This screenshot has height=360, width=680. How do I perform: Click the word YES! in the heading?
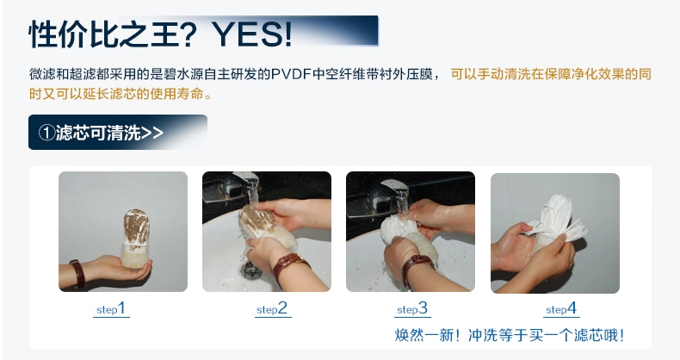(253, 34)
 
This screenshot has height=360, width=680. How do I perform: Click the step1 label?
(111, 309)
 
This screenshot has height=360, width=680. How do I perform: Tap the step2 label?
(272, 309)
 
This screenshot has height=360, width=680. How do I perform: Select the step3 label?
(412, 309)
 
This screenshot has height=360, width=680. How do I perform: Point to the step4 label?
(561, 309)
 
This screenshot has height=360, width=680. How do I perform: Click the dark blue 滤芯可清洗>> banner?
(118, 133)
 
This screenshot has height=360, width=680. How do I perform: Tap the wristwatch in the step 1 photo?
(77, 273)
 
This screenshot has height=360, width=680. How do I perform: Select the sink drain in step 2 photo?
(250, 270)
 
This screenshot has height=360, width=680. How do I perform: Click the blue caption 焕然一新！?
(427, 335)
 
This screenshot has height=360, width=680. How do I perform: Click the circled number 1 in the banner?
(46, 133)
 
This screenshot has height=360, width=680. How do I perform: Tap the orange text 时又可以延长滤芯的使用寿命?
(116, 94)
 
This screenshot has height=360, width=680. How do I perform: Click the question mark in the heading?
(189, 34)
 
